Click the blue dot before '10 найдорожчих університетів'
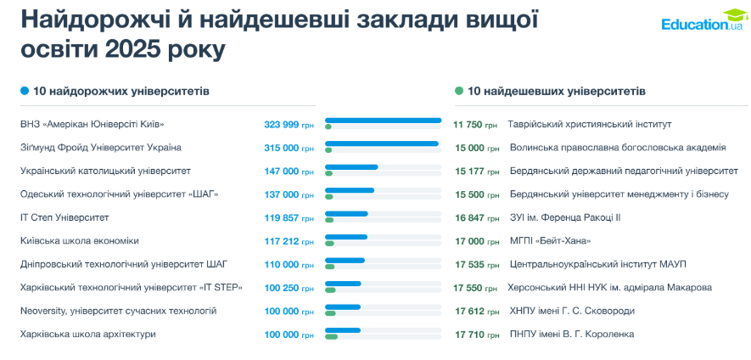click(x=25, y=91)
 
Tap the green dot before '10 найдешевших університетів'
click(x=459, y=91)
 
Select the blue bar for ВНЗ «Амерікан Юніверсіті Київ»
click(x=383, y=121)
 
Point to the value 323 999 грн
click(x=289, y=125)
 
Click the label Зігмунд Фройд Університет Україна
click(x=101, y=148)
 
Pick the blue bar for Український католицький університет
click(x=351, y=167)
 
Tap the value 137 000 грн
click(x=289, y=194)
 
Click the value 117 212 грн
click(x=289, y=241)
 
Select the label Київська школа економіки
click(x=80, y=241)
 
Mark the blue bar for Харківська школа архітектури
click(x=343, y=330)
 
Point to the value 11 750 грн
click(x=475, y=125)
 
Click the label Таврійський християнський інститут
click(x=589, y=124)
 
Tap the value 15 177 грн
click(x=475, y=172)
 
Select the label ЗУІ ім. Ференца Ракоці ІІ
click(x=564, y=217)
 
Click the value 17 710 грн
click(x=475, y=335)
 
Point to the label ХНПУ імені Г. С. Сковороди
click(x=571, y=311)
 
